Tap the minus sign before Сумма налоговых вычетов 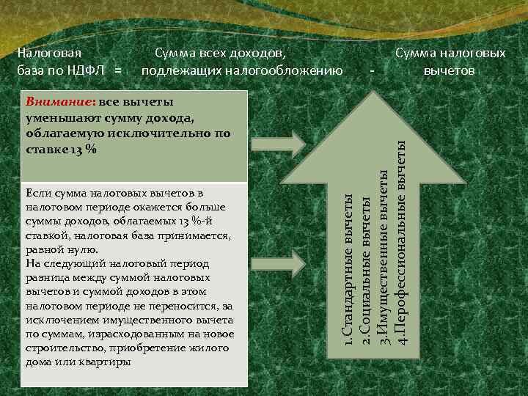(x=373, y=71)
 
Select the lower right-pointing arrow (x=297, y=263)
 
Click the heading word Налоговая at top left (x=49, y=54)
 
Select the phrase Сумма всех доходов (x=219, y=54)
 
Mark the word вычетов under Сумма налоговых (x=450, y=71)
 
